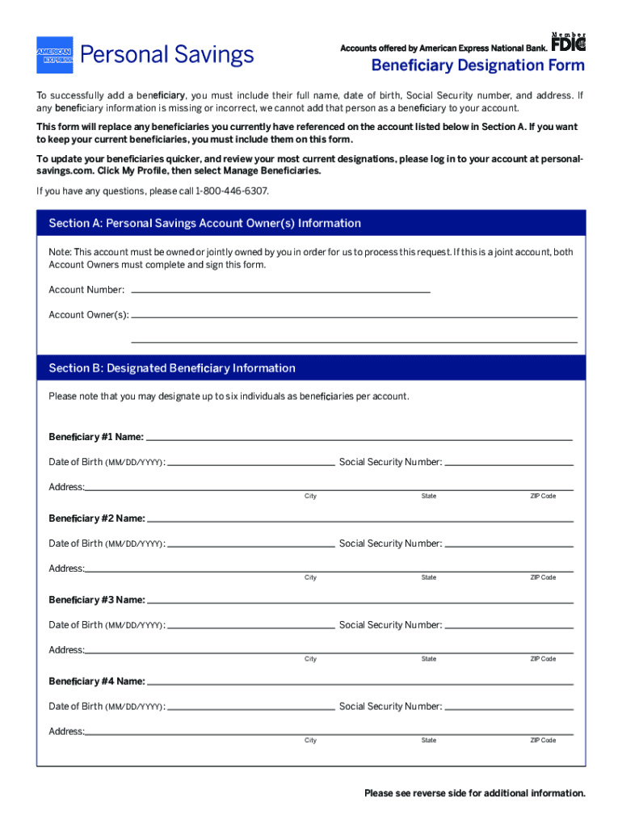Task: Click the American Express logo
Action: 54,55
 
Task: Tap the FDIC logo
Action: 569,48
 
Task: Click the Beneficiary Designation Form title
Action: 477,65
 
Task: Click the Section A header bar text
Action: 205,223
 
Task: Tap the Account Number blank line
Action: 280,290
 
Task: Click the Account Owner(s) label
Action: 89,315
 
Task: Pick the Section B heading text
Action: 172,368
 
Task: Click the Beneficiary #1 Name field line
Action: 359,438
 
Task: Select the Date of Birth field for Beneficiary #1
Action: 251,464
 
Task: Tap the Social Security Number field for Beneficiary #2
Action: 509,545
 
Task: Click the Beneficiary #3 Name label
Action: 97,600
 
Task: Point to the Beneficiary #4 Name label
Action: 97,682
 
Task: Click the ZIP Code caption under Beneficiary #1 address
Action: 543,496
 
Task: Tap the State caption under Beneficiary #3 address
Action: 428,659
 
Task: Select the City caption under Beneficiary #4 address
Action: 310,741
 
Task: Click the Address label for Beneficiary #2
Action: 66,569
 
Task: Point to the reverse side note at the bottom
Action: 474,793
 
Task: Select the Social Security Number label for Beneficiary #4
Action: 390,707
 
